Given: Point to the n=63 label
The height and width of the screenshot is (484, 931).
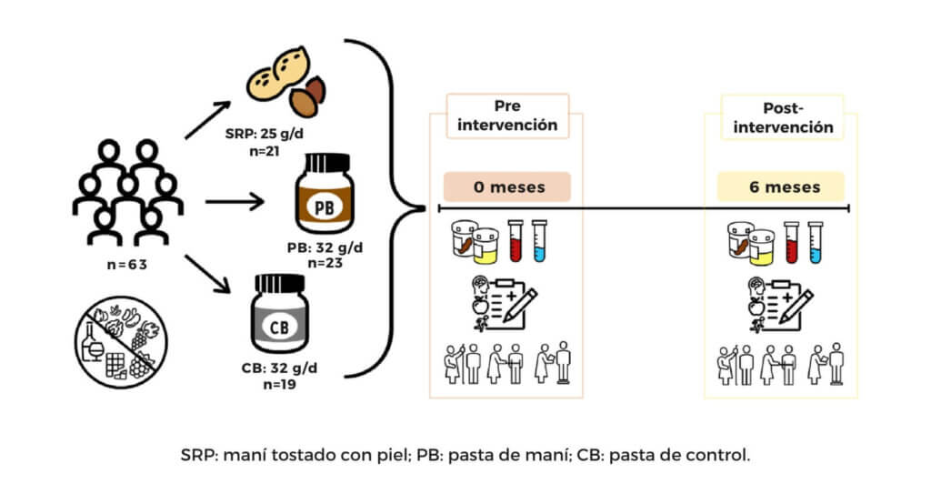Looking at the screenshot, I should [x=127, y=266].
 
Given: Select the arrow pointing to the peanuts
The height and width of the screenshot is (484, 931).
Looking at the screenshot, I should [x=211, y=119].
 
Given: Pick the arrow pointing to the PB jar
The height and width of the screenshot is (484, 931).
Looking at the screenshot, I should [x=235, y=198].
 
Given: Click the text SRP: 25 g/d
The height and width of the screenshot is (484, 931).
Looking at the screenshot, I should [x=269, y=134].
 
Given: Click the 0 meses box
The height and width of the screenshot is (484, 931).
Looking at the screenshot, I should [x=507, y=187].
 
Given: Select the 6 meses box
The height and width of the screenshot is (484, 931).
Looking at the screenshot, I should [x=780, y=187].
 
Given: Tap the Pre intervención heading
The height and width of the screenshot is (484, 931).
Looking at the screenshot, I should [x=506, y=116].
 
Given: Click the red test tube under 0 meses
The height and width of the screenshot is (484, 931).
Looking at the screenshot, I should [x=516, y=240].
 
